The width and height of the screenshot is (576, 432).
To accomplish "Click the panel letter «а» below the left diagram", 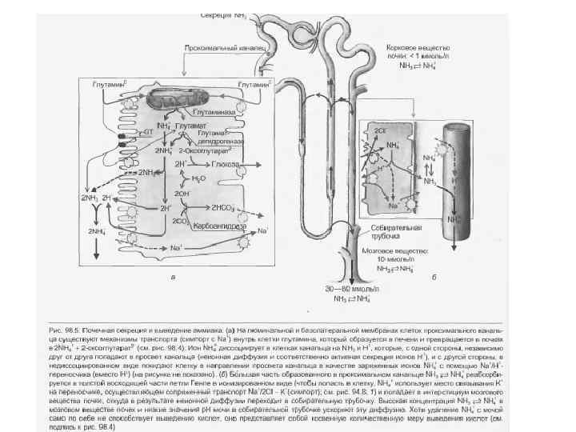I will [174, 277].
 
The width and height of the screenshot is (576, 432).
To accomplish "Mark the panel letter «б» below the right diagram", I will [433, 277].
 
